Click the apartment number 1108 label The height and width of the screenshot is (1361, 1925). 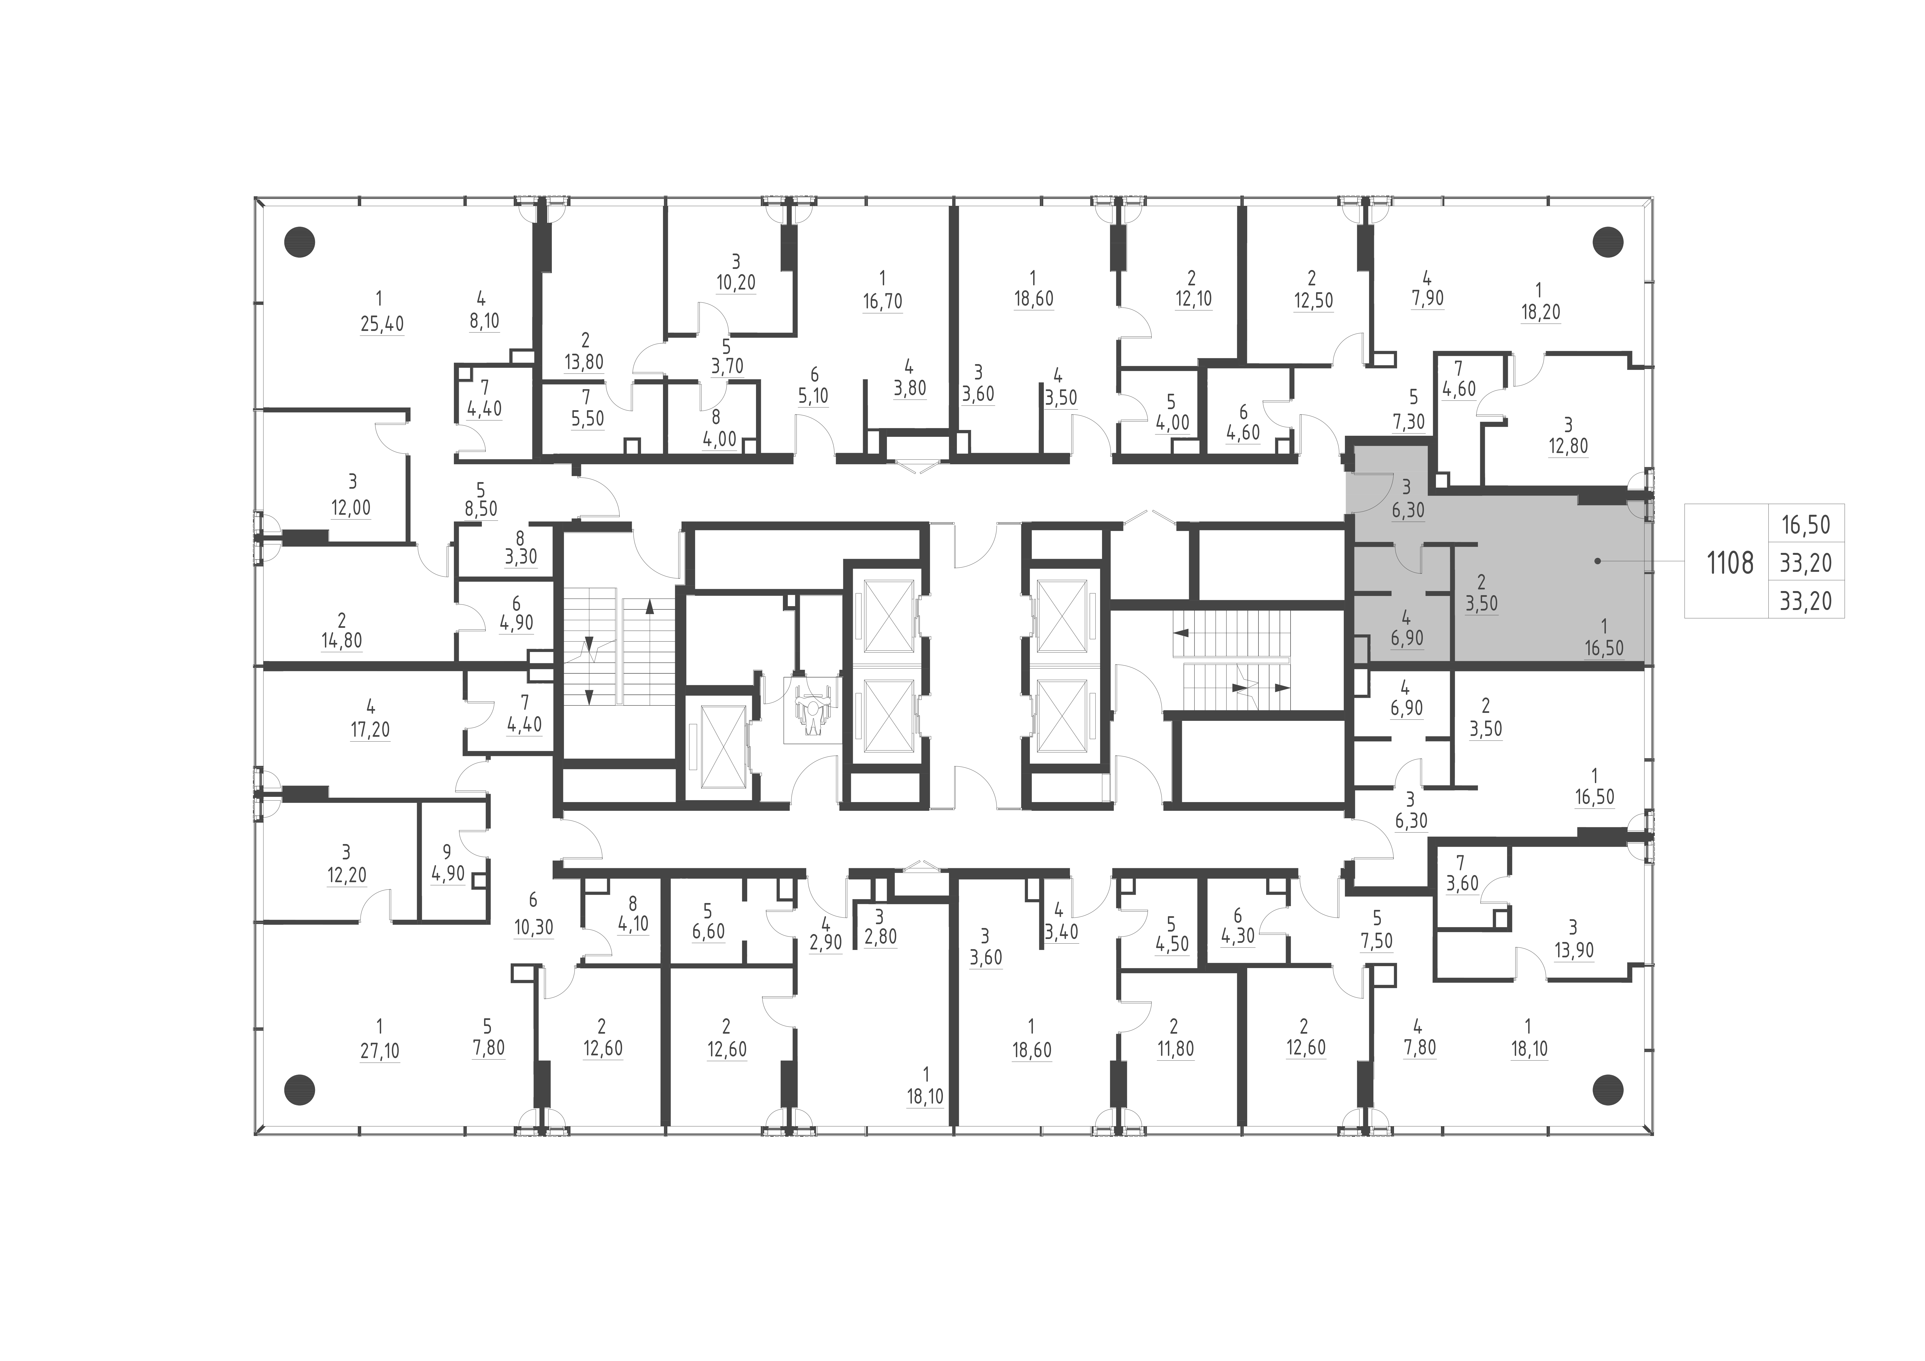click(1730, 563)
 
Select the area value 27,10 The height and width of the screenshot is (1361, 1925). click(380, 1051)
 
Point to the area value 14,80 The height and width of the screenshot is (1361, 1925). click(341, 641)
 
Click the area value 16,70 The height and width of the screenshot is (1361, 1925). click(882, 301)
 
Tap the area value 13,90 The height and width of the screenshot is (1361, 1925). click(1574, 951)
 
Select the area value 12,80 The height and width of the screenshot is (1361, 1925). click(1568, 446)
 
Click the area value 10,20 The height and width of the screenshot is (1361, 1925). click(735, 283)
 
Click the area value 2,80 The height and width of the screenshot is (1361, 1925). click(880, 937)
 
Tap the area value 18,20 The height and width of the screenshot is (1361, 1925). click(1540, 312)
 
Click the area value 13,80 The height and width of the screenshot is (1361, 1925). click(584, 362)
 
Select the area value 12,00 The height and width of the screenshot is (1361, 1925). click(350, 508)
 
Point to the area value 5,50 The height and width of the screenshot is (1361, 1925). click(587, 418)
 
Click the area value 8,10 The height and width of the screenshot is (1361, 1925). click(484, 321)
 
